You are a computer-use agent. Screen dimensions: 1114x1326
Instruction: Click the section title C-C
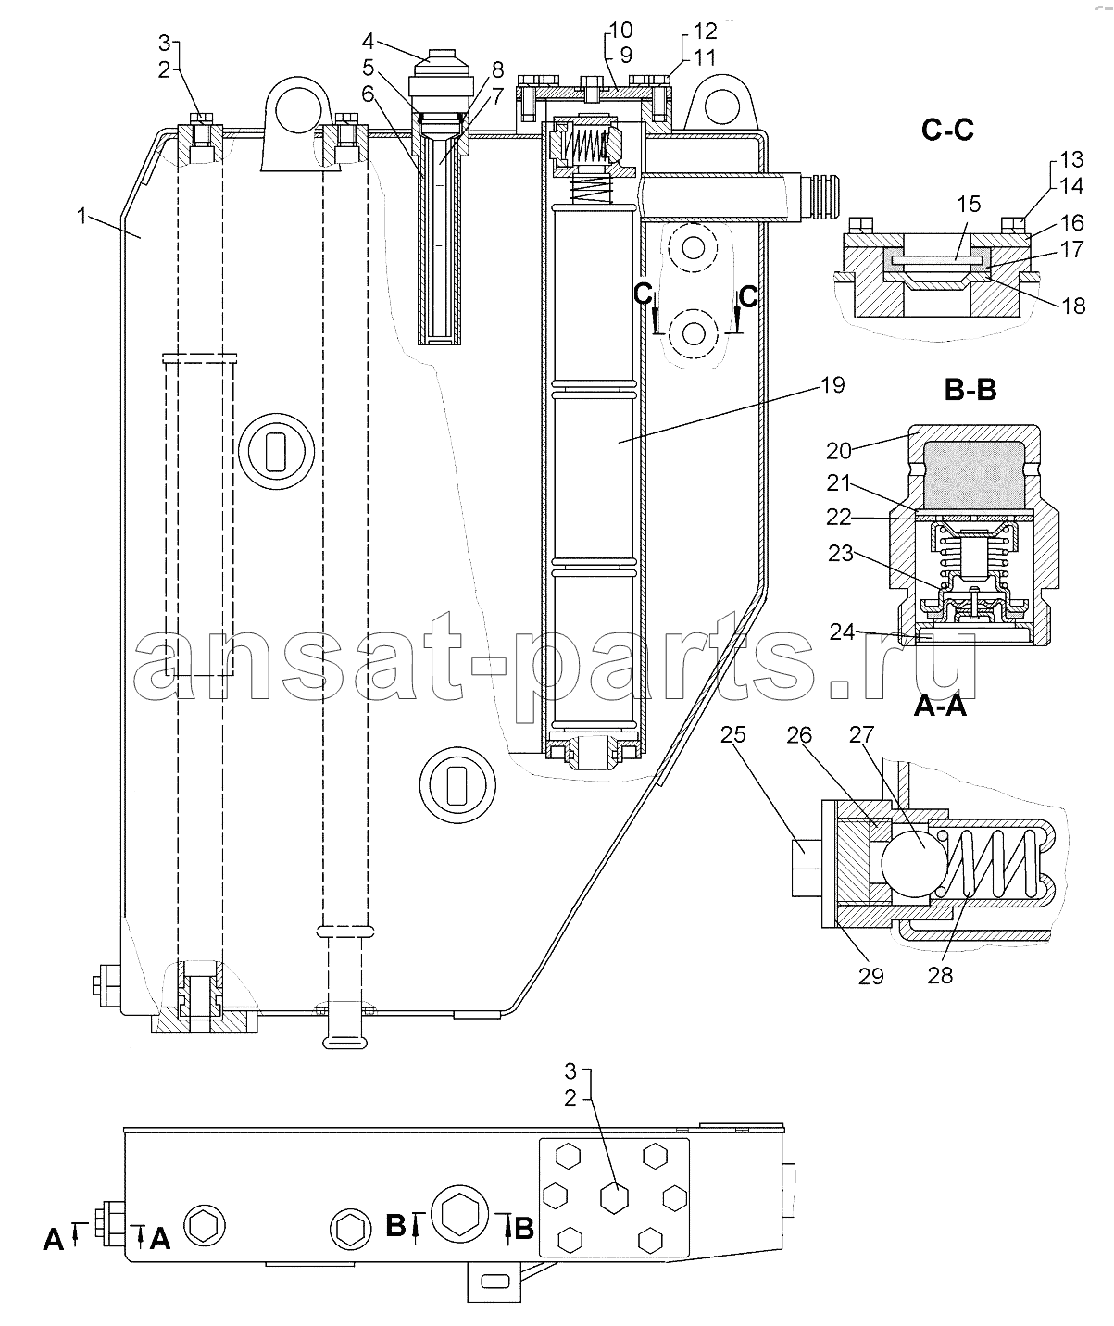tap(947, 131)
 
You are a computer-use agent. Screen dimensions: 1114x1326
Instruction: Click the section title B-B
tap(970, 390)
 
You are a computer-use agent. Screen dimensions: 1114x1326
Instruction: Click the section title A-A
tap(940, 706)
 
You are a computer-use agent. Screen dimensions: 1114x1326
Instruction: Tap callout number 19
tap(832, 385)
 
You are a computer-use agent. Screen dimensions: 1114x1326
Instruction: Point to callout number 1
tap(81, 216)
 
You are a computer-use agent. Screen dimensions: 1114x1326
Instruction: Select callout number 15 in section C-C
tap(969, 204)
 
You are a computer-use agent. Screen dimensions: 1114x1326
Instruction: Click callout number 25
tap(732, 734)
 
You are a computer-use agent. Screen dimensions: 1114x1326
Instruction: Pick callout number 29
tap(870, 976)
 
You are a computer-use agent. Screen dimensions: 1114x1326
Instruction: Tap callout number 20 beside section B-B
tap(838, 451)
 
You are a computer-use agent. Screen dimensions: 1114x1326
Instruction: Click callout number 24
tap(842, 632)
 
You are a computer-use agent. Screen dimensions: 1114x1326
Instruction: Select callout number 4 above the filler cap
tap(368, 42)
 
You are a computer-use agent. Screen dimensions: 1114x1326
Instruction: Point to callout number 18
tap(1073, 306)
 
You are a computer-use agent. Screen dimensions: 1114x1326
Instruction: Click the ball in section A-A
tap(914, 864)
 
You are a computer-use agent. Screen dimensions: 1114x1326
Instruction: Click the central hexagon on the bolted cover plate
tap(614, 1198)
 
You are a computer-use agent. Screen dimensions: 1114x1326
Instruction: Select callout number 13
tap(1071, 159)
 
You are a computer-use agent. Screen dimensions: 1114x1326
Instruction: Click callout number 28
tap(940, 975)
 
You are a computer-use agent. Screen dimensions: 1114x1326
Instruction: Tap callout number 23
tap(841, 553)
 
